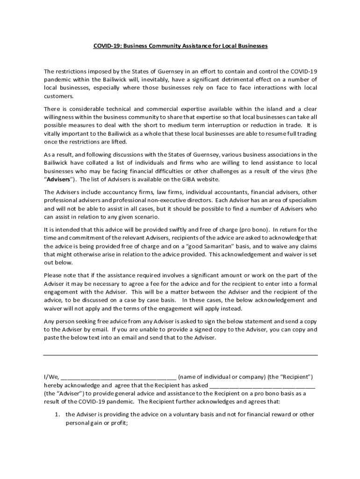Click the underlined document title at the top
[x=180, y=46]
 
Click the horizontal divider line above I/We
[x=180, y=355]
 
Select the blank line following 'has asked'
[x=262, y=386]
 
